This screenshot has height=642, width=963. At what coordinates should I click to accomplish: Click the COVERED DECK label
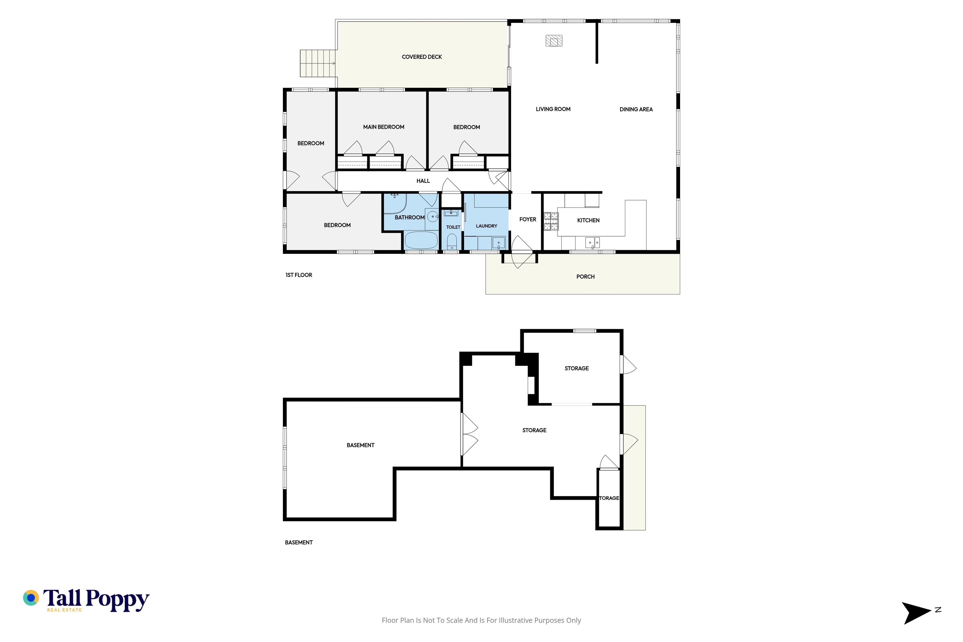pos(422,57)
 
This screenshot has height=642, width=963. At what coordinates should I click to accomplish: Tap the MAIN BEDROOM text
pos(384,127)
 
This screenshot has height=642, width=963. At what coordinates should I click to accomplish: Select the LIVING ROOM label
pos(553,109)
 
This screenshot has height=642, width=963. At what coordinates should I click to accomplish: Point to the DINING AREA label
pos(636,109)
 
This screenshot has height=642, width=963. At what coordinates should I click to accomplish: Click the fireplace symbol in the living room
pos(554,41)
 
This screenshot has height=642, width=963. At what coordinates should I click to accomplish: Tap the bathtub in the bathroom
pos(421,240)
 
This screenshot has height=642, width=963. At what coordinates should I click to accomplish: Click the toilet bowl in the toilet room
pos(452,242)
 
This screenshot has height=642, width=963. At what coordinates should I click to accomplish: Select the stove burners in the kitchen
pos(551,221)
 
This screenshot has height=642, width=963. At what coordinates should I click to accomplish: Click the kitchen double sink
pos(592,243)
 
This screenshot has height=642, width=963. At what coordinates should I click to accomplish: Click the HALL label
pos(423,181)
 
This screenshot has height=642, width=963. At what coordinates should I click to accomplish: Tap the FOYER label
pos(528,219)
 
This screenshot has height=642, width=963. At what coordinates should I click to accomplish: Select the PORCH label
pos(586,277)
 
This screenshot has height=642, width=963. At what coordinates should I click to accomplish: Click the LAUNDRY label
pos(487,226)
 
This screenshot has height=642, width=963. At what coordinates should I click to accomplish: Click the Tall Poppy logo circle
pos(31,598)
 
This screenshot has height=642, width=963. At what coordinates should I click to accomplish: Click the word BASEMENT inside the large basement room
pos(360,445)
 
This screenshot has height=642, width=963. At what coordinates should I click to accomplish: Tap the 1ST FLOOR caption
pos(299,275)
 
